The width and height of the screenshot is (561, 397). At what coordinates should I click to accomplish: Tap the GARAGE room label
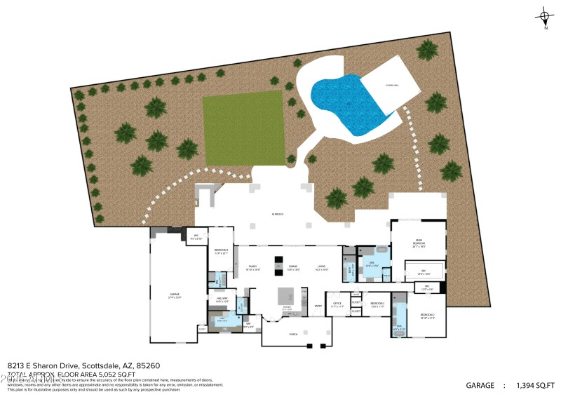click(x=174, y=295)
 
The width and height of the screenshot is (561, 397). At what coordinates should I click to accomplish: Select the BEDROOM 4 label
click(x=221, y=251)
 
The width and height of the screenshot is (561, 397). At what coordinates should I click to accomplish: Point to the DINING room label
click(x=294, y=267)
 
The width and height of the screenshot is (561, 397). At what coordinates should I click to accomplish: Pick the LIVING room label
click(x=321, y=267)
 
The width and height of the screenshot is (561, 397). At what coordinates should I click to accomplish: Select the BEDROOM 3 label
click(x=377, y=304)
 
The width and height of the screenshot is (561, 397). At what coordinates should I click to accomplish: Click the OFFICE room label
click(x=337, y=304)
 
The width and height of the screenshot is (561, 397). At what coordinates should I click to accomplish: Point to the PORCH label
click(x=294, y=335)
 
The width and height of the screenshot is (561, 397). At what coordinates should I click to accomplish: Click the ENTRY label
click(x=318, y=307)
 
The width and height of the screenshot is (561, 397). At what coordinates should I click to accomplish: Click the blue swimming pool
click(x=344, y=105)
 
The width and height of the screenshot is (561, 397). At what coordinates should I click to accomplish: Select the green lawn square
click(x=244, y=128)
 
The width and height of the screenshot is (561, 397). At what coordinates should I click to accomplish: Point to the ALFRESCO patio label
click(x=278, y=214)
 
